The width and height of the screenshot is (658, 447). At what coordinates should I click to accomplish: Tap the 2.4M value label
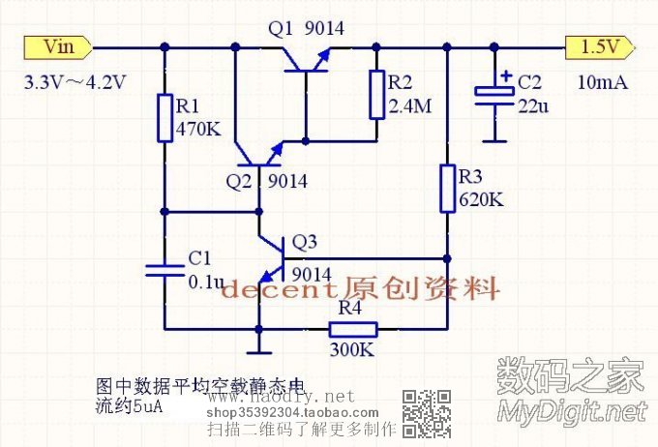[x=409, y=106]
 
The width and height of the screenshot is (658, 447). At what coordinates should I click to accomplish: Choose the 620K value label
[x=480, y=200]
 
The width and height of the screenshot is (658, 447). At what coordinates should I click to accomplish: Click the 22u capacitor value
[x=532, y=106]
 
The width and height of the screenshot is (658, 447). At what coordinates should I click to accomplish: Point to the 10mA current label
[x=603, y=82]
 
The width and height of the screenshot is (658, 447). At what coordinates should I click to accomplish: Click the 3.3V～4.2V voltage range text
[x=75, y=82]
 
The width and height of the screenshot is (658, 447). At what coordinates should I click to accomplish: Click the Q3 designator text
[x=304, y=241]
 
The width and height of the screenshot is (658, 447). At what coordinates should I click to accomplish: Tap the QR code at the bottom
[x=427, y=413]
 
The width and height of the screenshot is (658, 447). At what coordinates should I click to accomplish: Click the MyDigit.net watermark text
[x=570, y=410]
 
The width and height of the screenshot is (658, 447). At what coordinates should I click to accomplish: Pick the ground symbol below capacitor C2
[x=495, y=138]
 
